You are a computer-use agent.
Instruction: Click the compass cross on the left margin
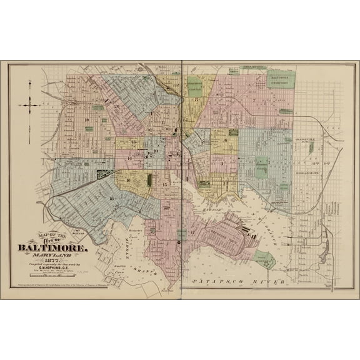pyautogui.click(x=29, y=106)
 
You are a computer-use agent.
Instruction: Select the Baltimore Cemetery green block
pyautogui.click(x=281, y=80)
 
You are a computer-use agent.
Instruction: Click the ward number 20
pyautogui.click(x=117, y=107)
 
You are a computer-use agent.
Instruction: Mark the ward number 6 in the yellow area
pyautogui.click(x=225, y=140)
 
